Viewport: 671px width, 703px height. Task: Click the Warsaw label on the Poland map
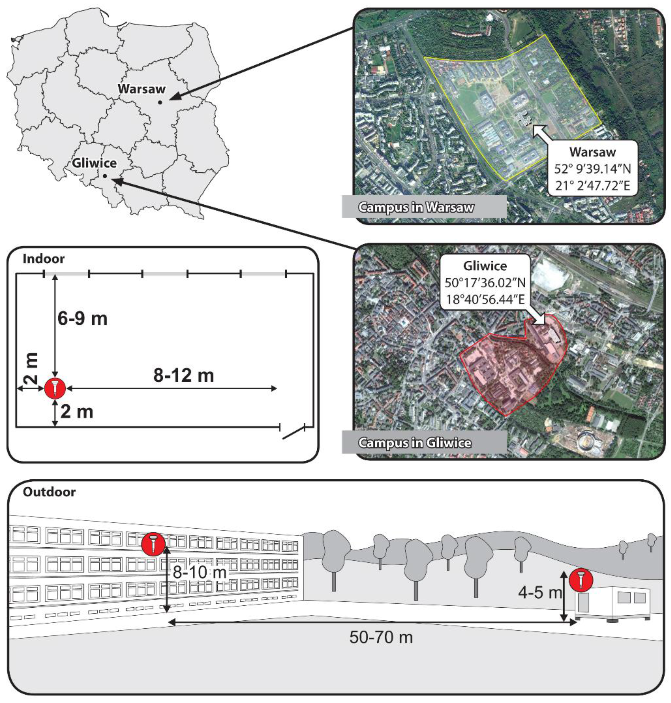(142, 89)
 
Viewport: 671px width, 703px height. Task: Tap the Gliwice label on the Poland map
(94, 163)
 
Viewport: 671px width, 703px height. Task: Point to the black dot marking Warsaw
(160, 102)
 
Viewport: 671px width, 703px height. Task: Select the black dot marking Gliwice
(105, 176)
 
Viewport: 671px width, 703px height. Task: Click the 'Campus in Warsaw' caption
(416, 207)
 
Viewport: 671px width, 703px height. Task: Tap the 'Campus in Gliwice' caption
(415, 443)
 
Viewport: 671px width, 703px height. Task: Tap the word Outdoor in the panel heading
(49, 492)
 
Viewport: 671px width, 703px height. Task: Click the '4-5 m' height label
(540, 593)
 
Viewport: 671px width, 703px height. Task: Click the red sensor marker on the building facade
(153, 544)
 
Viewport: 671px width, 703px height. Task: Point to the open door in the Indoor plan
(293, 433)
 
